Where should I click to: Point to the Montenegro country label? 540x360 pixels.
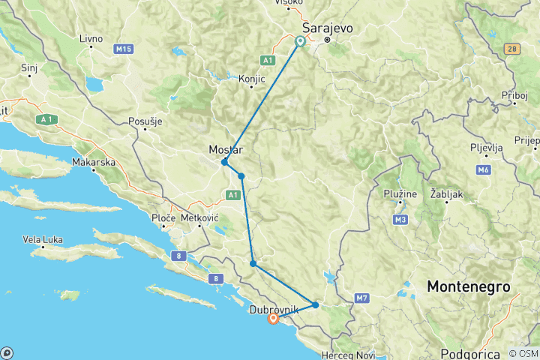click(x=469, y=286)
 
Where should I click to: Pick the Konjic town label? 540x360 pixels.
click(x=252, y=78)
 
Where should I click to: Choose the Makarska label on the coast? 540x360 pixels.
click(x=93, y=162)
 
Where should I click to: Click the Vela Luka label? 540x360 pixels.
click(x=43, y=240)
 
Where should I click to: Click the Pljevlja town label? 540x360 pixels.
click(x=486, y=147)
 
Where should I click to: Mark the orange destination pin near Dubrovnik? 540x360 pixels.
click(x=273, y=319)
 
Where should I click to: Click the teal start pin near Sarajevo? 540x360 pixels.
click(x=300, y=41)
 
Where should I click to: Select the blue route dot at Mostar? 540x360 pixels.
click(x=224, y=162)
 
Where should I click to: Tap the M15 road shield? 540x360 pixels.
click(x=123, y=49)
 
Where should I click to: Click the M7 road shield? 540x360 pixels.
click(x=363, y=298)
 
